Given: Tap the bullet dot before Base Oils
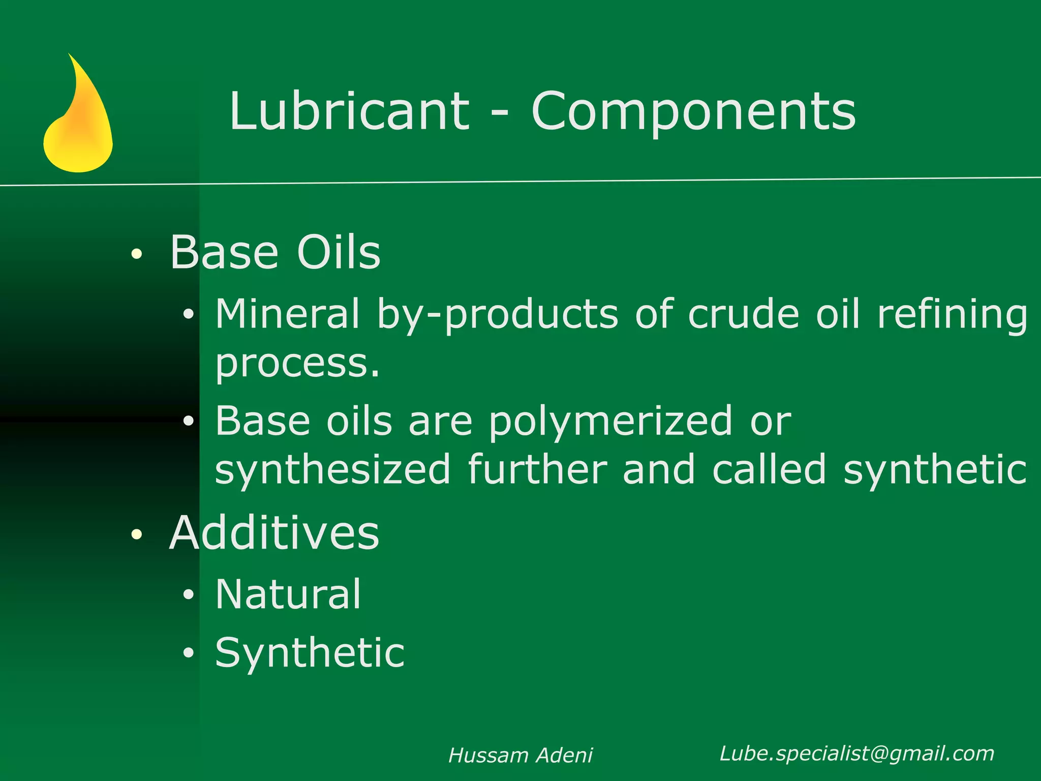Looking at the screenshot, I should pyautogui.click(x=136, y=254).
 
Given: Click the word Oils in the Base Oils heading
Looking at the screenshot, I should pyautogui.click(x=339, y=252).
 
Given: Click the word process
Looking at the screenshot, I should pyautogui.click(x=297, y=364).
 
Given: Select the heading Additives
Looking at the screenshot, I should pyautogui.click(x=274, y=533).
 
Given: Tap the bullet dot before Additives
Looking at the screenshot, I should pyautogui.click(x=136, y=534).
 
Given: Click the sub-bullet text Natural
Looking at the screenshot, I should pyautogui.click(x=288, y=594).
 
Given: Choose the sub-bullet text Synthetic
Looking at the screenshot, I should pyautogui.click(x=310, y=653).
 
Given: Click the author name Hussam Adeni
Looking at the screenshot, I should pyautogui.click(x=520, y=756).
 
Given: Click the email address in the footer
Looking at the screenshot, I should pyautogui.click(x=857, y=754).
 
